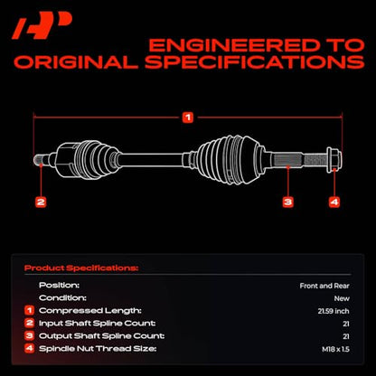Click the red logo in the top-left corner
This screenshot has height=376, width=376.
tap(42, 26)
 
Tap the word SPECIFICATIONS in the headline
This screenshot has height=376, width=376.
tap(255, 62)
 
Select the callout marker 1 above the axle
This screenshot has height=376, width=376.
tap(188, 117)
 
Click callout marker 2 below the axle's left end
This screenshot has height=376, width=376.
tap(41, 202)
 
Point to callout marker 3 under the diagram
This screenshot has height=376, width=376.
tap(287, 202)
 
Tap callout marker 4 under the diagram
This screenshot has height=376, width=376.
tap(334, 202)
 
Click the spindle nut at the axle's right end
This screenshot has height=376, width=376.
tap(334, 159)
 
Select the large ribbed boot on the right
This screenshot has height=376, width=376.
tap(230, 159)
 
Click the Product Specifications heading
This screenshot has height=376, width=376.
tap(81, 268)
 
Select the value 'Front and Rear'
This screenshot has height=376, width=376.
tap(324, 286)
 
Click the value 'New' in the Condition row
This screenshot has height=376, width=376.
tap(342, 298)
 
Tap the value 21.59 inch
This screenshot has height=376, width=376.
tap(334, 311)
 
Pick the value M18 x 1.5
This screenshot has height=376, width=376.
tap(335, 350)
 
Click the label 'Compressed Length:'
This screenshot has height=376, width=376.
tap(90, 311)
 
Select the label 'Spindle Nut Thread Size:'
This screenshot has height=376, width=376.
tap(98, 349)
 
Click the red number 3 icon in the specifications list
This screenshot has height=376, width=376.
tap(29, 335)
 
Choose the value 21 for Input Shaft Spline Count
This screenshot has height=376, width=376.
tap(346, 324)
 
